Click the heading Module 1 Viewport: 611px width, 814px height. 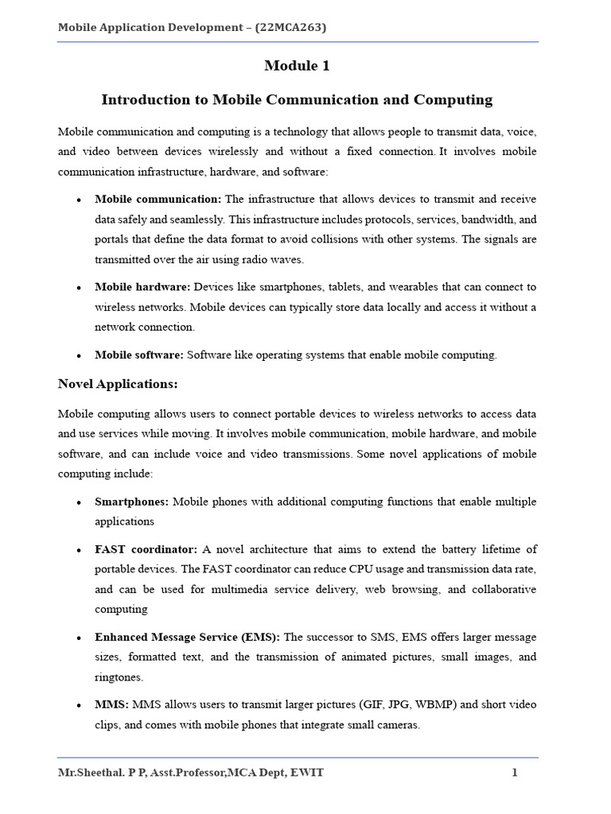pyautogui.click(x=297, y=67)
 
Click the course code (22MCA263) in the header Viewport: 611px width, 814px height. pyautogui.click(x=291, y=28)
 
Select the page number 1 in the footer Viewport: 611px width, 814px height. pyautogui.click(x=515, y=773)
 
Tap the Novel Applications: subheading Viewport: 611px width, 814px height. pyautogui.click(x=118, y=384)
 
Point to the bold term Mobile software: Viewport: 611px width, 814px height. pyautogui.click(x=139, y=355)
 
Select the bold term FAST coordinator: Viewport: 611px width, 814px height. pyautogui.click(x=146, y=549)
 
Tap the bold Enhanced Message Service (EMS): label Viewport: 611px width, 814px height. pyautogui.click(x=187, y=638)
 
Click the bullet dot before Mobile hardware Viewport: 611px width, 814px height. pyautogui.click(x=80, y=288)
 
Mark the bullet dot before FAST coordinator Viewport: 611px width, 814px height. pyautogui.click(x=80, y=550)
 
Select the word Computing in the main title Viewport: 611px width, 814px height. pyautogui.click(x=457, y=100)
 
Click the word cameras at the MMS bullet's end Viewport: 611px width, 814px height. pyautogui.click(x=396, y=725)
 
